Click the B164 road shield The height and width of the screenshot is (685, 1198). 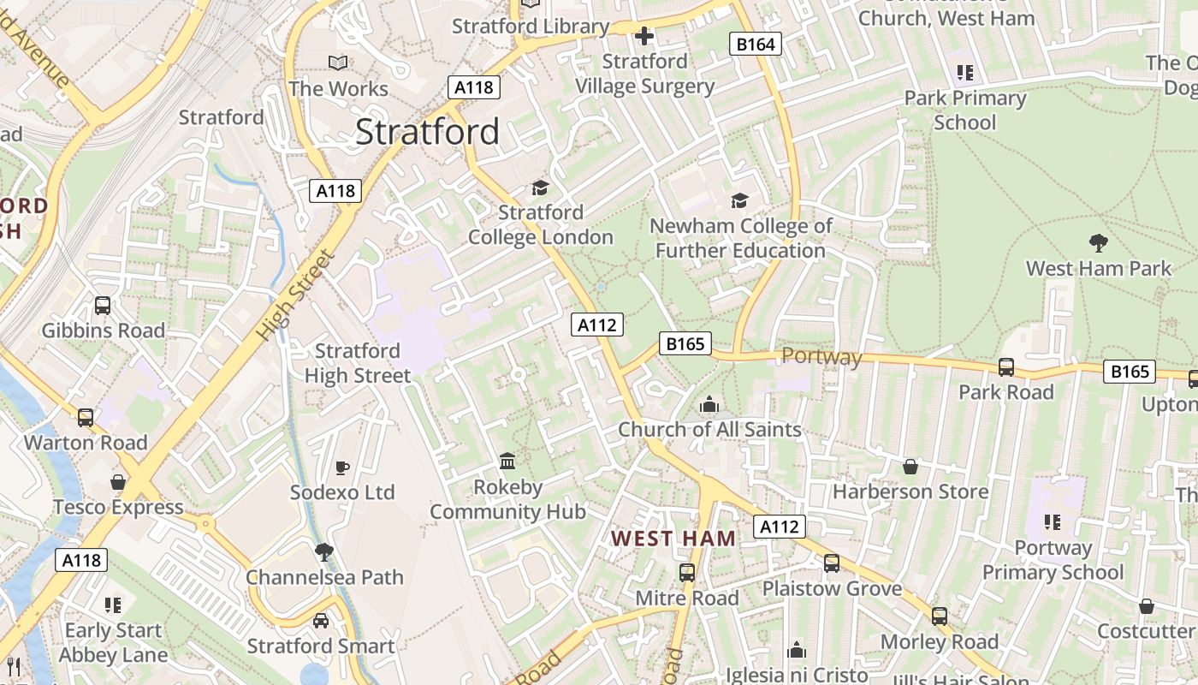pos(756,44)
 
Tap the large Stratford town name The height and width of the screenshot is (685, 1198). pos(427,132)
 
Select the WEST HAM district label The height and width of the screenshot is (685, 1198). pos(673,539)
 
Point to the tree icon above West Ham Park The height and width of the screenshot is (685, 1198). pos(1098,243)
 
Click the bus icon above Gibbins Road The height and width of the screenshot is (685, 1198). pos(103,306)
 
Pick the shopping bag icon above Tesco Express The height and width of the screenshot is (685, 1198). pos(118,482)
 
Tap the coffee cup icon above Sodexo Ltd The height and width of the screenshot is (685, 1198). pos(342,468)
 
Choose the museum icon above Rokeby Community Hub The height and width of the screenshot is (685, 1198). pos(507,462)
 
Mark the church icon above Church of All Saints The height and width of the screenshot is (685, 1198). pos(709,404)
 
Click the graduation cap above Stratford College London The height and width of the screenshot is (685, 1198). pos(540,188)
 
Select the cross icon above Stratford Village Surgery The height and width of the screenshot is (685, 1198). pos(644,36)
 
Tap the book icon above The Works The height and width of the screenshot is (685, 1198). pos(338,63)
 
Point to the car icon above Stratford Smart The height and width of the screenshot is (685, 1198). pos(321,621)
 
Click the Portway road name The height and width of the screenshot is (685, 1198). pos(821,356)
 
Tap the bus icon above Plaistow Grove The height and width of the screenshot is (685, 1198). pos(832,563)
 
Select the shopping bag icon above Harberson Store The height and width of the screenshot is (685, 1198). pos(910,467)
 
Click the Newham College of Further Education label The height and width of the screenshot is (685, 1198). pos(740,238)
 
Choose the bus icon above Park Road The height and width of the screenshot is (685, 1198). pos(1006,367)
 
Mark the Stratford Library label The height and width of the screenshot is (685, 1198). pos(531,27)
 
